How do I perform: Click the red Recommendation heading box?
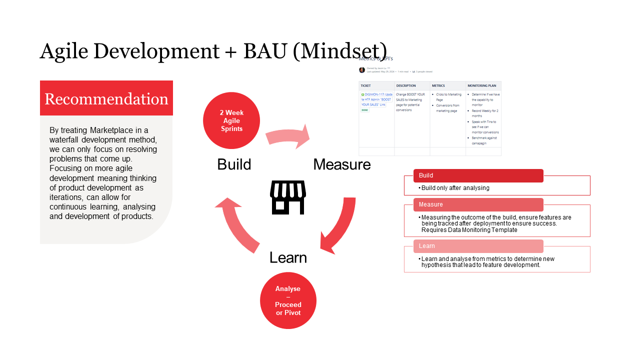[106, 98]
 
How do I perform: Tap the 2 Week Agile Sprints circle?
[231, 120]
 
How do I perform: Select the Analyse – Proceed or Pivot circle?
[288, 300]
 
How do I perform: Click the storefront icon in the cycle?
[288, 197]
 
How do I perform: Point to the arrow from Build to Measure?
[287, 137]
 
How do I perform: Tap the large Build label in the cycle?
[234, 164]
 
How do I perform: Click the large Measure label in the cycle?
[342, 164]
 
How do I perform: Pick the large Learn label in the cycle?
[288, 257]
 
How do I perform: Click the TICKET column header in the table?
[365, 86]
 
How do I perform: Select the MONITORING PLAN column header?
[482, 86]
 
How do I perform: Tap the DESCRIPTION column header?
[406, 86]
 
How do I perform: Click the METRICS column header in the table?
[438, 86]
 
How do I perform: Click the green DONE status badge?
[365, 110]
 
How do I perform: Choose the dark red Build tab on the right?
[478, 175]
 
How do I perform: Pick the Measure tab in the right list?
[478, 204]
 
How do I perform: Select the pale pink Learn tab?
[478, 246]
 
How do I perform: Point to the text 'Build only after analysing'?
[455, 188]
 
